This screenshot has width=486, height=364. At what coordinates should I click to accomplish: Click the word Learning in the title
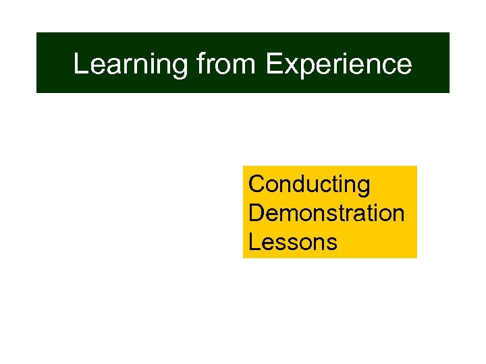tap(130, 64)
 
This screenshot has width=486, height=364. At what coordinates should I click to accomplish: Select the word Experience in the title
tap(338, 64)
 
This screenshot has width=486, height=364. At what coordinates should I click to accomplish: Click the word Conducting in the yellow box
tap(309, 185)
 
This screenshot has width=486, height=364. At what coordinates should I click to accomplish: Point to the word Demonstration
tap(326, 213)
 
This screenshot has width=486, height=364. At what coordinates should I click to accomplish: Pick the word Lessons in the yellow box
tap(292, 241)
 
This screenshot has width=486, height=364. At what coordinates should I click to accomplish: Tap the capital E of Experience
tap(273, 64)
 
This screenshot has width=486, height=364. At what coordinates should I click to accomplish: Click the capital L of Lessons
tap(254, 241)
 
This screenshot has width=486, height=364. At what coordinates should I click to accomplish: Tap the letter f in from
tap(201, 63)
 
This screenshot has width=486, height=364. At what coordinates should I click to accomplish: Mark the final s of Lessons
tap(331, 243)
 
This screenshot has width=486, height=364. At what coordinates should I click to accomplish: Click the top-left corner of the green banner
tap(36, 33)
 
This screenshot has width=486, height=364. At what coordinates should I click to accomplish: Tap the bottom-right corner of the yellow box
tap(416, 257)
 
